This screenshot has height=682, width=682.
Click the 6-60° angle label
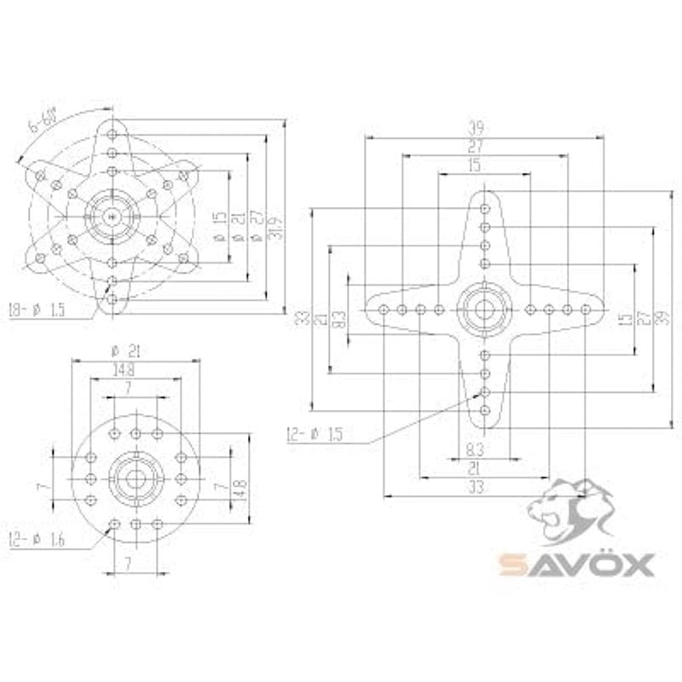[43, 123]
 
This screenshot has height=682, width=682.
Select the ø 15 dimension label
[218, 227]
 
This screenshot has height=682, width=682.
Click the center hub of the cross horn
[484, 309]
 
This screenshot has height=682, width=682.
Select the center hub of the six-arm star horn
[112, 217]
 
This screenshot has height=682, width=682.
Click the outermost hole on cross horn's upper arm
[484, 207]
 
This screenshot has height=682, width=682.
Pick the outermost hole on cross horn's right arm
[586, 309]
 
